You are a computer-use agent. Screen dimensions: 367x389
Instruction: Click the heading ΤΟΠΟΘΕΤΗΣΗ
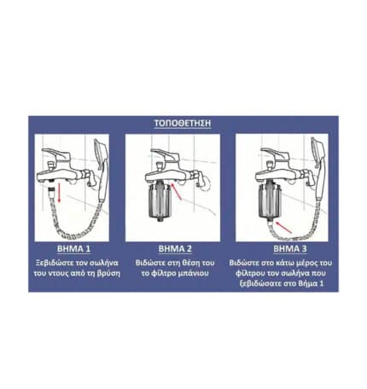(183, 123)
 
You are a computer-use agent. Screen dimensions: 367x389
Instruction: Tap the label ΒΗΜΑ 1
(73, 249)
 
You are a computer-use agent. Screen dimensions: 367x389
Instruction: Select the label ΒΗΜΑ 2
(175, 249)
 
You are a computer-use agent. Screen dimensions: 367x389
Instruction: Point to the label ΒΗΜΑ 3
(290, 249)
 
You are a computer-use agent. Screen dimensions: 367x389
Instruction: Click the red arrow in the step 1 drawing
(59, 193)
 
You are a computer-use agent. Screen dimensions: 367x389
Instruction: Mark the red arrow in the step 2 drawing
(177, 192)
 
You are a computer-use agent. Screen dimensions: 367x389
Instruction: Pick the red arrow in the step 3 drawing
(283, 228)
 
